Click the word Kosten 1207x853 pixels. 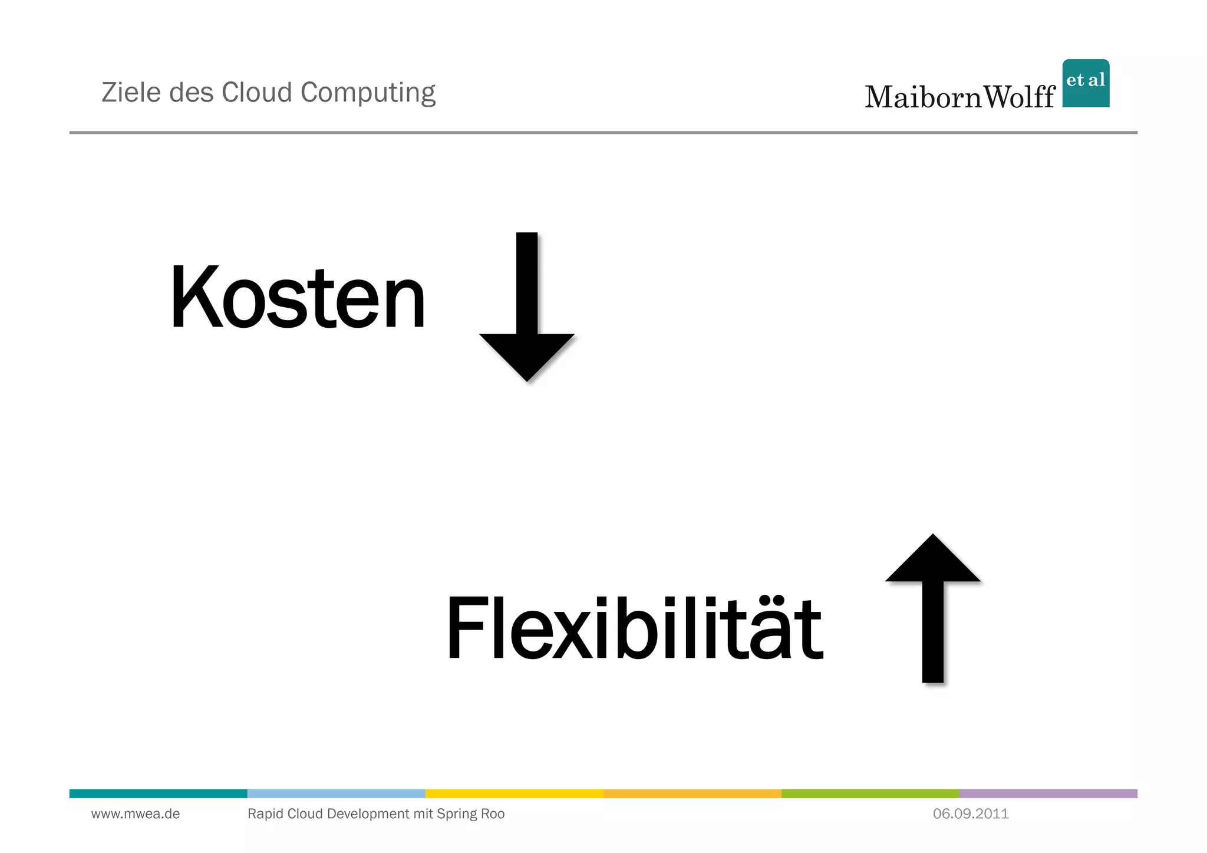tap(297, 297)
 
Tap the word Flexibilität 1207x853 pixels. tap(634, 628)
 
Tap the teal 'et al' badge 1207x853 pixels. tap(1086, 83)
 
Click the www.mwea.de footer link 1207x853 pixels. tap(136, 814)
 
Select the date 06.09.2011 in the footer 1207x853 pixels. tap(971, 814)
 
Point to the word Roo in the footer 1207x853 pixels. tap(493, 814)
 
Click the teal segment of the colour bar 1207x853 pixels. tap(158, 793)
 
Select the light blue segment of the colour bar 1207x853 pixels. tap(336, 793)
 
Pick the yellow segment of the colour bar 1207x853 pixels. tap(514, 793)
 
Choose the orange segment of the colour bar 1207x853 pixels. tap(692, 793)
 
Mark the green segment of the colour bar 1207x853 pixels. tap(870, 793)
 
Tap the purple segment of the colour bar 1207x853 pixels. tap(1048, 793)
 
